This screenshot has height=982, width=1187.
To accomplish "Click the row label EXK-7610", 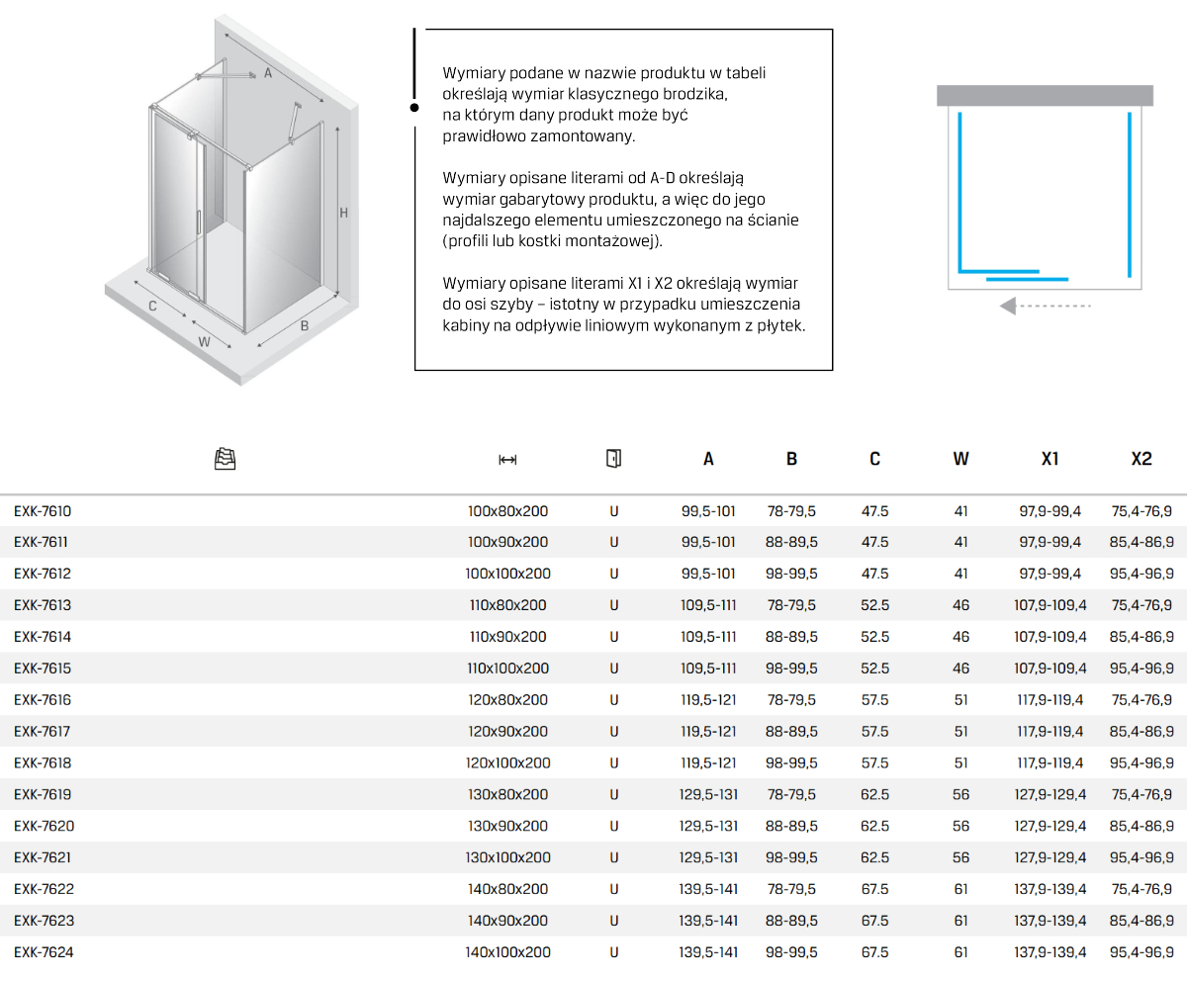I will pyautogui.click(x=43, y=511).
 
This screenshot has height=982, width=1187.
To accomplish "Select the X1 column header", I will pyautogui.click(x=1050, y=459).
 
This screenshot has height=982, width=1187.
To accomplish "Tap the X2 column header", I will pyautogui.click(x=1141, y=459).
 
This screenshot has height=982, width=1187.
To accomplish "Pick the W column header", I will pyautogui.click(x=960, y=459).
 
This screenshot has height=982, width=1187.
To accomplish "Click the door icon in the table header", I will pyautogui.click(x=613, y=458).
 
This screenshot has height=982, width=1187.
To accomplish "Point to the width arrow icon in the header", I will pyautogui.click(x=507, y=459).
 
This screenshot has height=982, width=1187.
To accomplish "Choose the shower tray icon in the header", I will pyautogui.click(x=226, y=458).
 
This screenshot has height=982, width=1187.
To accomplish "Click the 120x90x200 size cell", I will pyautogui.click(x=507, y=732).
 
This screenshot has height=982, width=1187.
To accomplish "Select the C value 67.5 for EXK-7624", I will pyautogui.click(x=874, y=952).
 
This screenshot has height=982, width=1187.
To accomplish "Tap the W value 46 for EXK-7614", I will pyautogui.click(x=960, y=637).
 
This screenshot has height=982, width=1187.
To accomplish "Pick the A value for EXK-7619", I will pyautogui.click(x=708, y=795).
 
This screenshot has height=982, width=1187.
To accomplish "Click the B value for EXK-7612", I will pyautogui.click(x=791, y=574).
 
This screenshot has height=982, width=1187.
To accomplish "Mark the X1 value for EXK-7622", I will pyautogui.click(x=1050, y=889).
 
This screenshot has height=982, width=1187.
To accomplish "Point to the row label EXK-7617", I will pyautogui.click(x=43, y=732).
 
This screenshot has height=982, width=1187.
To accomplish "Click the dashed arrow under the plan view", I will pyautogui.click(x=1045, y=307).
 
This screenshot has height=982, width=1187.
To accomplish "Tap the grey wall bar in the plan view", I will pyautogui.click(x=1045, y=95).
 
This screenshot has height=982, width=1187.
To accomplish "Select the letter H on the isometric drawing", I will pyautogui.click(x=343, y=213).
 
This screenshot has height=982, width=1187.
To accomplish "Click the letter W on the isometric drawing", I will pyautogui.click(x=204, y=342).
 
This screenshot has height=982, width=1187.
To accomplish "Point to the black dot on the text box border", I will pyautogui.click(x=414, y=108).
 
